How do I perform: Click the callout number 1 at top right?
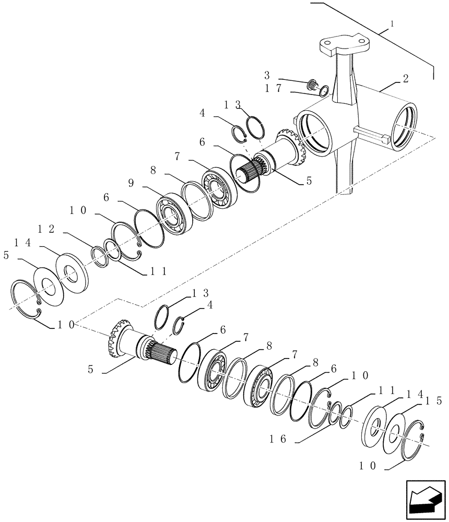(393, 24)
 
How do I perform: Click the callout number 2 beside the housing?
(405, 79)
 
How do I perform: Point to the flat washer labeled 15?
(394, 432)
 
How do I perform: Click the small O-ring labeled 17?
(323, 91)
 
